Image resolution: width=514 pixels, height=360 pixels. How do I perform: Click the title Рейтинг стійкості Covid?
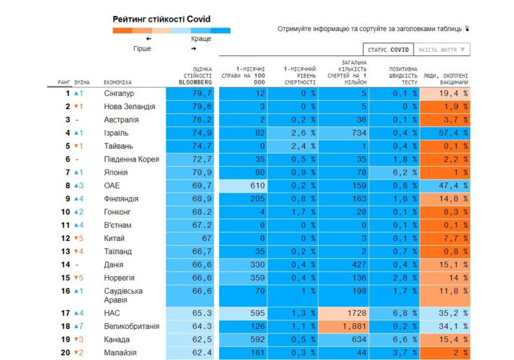161,19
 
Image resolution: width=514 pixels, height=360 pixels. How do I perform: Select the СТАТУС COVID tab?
388,50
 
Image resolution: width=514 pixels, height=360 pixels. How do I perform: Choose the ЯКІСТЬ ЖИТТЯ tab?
442,50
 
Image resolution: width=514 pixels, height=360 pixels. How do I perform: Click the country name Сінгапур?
119,94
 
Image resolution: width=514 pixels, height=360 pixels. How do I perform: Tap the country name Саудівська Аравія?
124,295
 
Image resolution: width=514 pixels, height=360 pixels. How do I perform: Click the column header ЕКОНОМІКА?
118,83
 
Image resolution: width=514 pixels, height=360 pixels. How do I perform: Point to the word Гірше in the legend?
142,49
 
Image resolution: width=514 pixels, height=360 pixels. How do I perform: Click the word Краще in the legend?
201,39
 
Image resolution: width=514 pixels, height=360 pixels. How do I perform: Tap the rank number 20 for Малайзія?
66,353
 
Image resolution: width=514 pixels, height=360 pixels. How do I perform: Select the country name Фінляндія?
122,199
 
